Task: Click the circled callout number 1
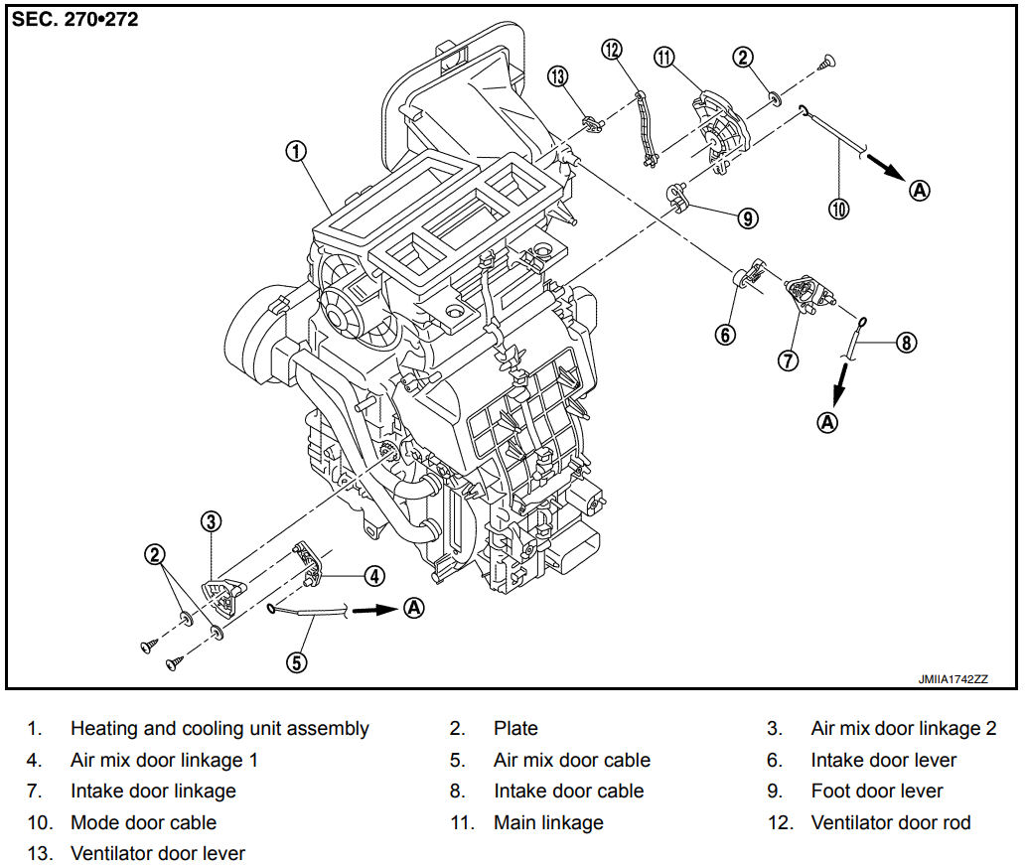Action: click(296, 152)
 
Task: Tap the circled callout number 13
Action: click(557, 76)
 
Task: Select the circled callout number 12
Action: click(612, 49)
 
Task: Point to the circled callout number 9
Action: click(748, 217)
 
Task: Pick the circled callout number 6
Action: click(725, 335)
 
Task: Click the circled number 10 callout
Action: click(838, 209)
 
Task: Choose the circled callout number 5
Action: click(297, 662)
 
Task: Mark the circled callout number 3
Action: click(211, 521)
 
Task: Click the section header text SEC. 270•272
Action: click(75, 20)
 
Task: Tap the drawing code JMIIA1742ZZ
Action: click(952, 679)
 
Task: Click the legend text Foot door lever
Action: click(877, 792)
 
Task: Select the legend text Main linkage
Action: click(548, 822)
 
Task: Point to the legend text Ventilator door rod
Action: click(890, 822)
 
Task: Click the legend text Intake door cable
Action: click(569, 792)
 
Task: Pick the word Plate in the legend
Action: click(515, 728)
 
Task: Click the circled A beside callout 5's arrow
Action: click(414, 608)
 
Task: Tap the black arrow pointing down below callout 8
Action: click(840, 384)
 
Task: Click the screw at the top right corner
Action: click(827, 63)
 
